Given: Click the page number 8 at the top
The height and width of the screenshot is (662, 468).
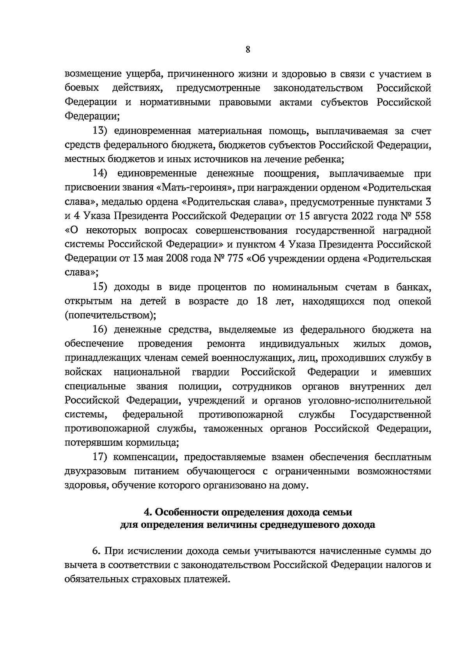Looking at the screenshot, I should [248, 50].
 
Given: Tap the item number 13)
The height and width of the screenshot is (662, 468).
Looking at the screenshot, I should [99, 131].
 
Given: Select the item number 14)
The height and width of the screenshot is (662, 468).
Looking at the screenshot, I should [99, 173].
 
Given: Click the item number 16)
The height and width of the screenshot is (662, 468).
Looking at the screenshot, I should [99, 329].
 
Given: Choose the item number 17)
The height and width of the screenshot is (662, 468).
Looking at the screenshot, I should [99, 457].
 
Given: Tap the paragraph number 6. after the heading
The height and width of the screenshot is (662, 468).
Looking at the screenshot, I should [96, 551].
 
